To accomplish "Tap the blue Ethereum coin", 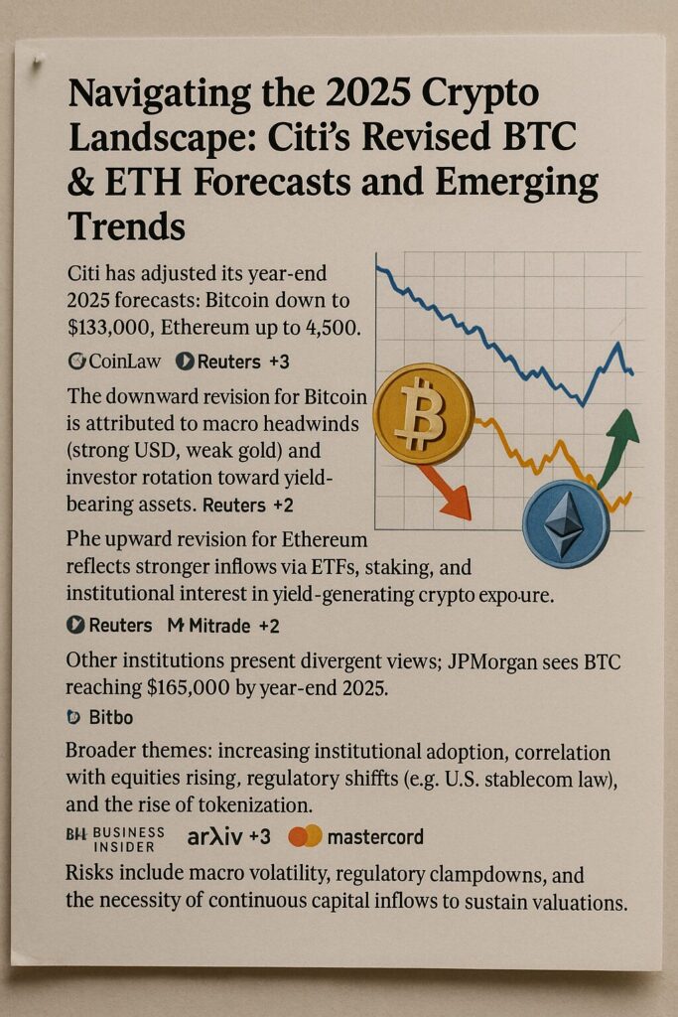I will [x=566, y=523].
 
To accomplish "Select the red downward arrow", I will [x=447, y=494].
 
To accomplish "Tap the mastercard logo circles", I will [x=305, y=836].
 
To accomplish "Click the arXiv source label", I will [x=215, y=836].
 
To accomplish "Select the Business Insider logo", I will [x=111, y=838].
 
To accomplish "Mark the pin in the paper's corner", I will [x=37, y=65].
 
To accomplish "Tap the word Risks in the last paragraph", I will [x=92, y=875].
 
